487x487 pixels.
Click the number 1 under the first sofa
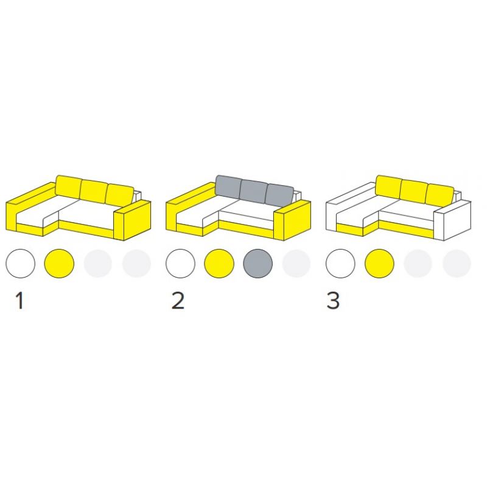coord(20,301)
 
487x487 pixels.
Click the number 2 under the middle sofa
coord(178,301)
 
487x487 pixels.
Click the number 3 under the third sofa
coord(333,301)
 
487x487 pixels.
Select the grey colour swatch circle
coord(258,264)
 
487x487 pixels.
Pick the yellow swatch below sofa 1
coord(59,264)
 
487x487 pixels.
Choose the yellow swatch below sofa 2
coord(219,264)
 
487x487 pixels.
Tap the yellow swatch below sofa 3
coord(379,264)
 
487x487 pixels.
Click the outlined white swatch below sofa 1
coord(21,264)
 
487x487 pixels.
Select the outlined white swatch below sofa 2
coord(180,264)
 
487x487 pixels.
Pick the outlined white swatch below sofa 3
coord(340,264)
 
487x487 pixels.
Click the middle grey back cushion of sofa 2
coord(254,191)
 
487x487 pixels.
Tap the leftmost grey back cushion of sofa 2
coord(229,187)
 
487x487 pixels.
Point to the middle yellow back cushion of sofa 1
coord(94,191)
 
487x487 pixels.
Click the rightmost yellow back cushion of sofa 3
coord(440,195)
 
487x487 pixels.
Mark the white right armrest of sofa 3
coord(452,221)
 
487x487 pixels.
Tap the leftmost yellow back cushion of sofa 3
coord(388,187)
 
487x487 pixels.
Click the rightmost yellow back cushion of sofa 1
coord(119,195)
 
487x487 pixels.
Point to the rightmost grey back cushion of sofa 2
coord(279,195)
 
